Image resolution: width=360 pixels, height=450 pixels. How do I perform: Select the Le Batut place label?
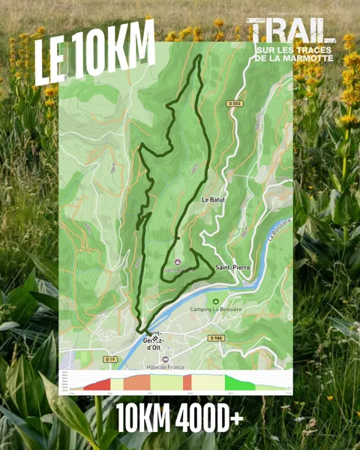[214, 200]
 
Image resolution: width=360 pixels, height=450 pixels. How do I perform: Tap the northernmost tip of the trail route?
[198, 56]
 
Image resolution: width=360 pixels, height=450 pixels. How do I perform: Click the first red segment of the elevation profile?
[96, 385]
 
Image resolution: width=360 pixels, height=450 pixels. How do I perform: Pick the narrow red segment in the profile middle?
[187, 382]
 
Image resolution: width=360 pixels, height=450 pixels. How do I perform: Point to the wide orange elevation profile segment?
[137, 382]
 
